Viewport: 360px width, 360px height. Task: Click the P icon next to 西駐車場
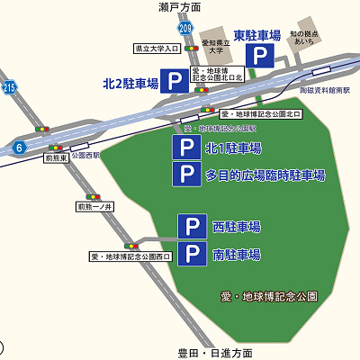click(x=191, y=226)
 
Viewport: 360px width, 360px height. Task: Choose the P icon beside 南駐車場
click(x=191, y=254)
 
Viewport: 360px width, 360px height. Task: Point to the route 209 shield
click(x=186, y=30)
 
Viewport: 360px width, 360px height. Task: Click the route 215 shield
click(x=9, y=87)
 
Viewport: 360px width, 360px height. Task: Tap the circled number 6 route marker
click(x=18, y=147)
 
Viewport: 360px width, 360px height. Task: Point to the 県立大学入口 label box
click(x=154, y=49)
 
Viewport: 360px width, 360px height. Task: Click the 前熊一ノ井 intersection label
click(x=94, y=207)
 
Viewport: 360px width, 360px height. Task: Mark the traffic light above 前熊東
click(x=57, y=148)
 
